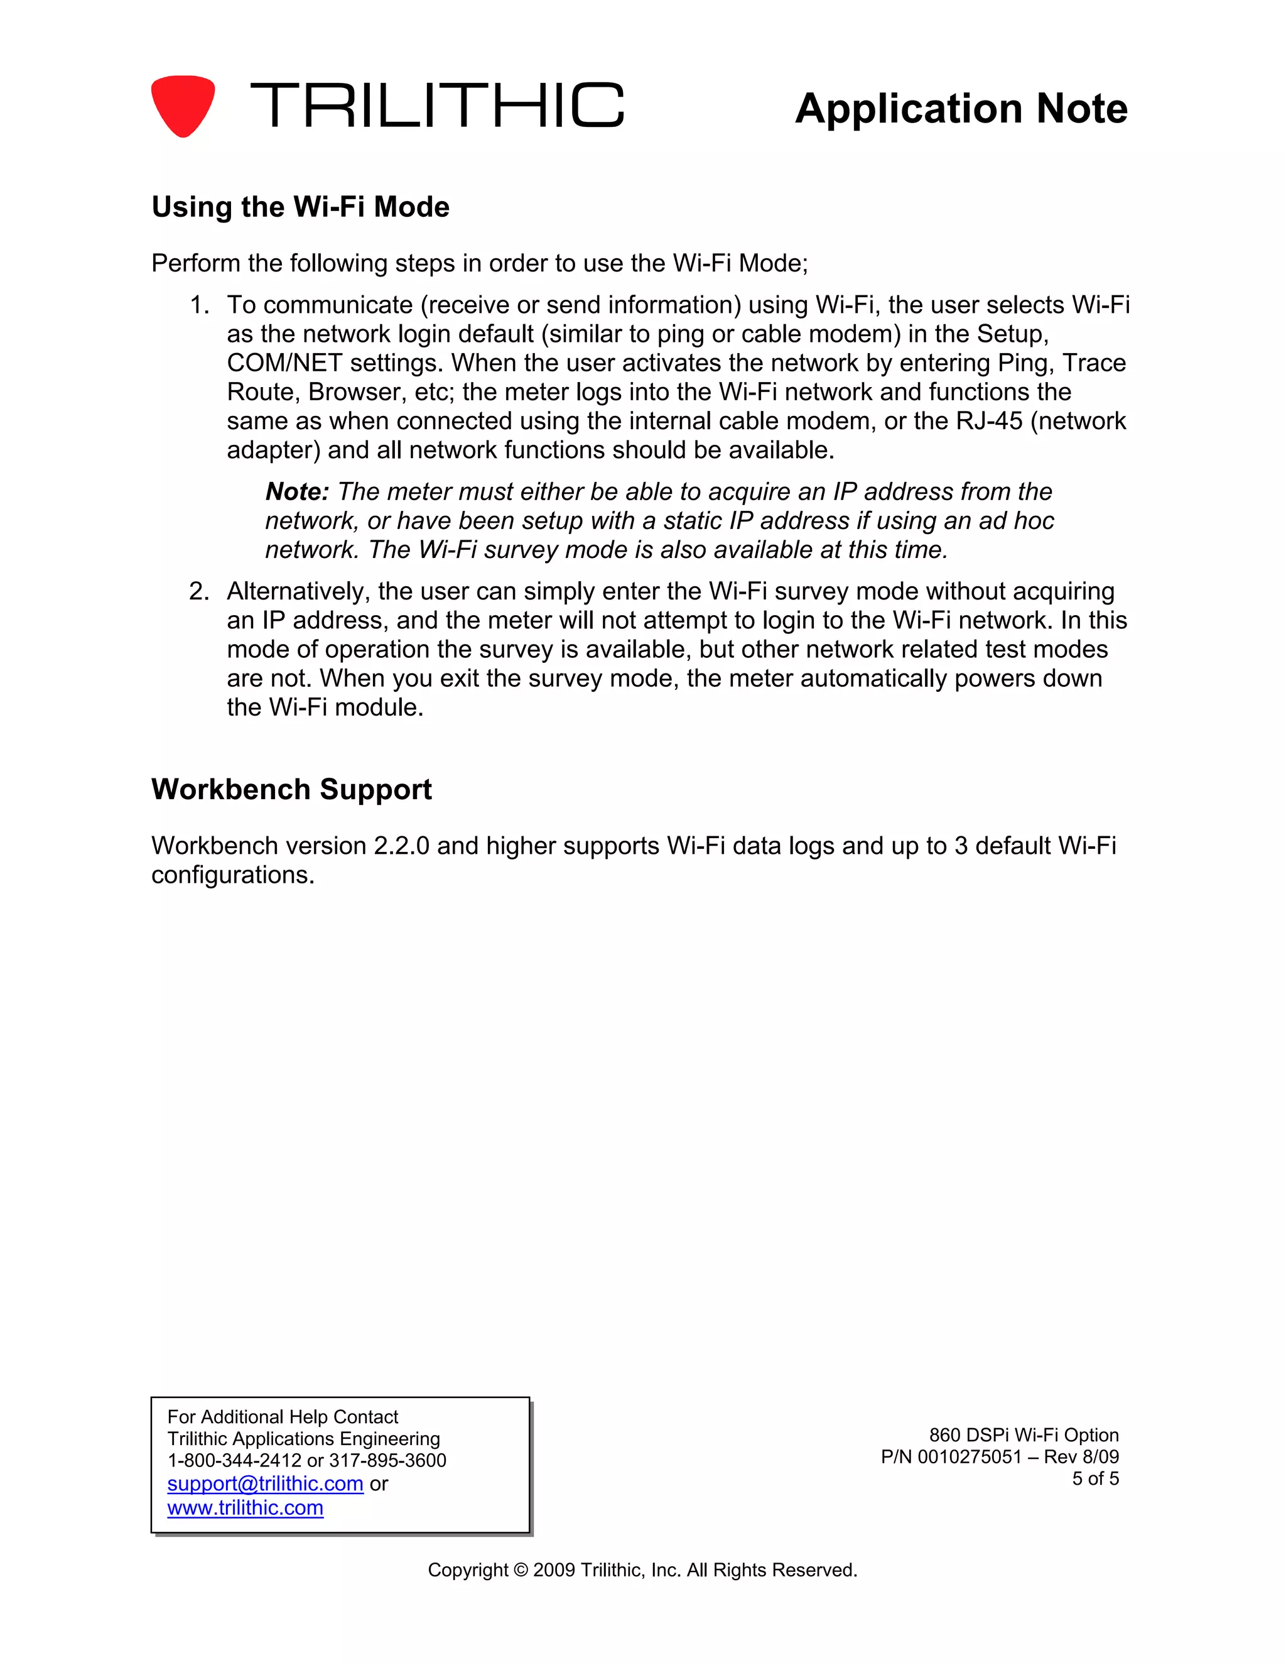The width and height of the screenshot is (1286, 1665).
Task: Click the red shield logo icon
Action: (183, 105)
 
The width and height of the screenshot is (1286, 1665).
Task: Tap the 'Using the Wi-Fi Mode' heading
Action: (300, 207)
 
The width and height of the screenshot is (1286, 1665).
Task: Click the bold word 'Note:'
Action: (296, 492)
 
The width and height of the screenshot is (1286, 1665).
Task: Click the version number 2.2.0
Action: (401, 846)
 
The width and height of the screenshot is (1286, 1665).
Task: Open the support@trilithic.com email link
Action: (265, 1483)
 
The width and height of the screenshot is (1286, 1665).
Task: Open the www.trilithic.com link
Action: (246, 1508)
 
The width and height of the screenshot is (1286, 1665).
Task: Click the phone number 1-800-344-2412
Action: (234, 1461)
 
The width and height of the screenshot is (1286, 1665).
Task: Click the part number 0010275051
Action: (969, 1457)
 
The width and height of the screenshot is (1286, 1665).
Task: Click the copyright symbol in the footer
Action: (521, 1571)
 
